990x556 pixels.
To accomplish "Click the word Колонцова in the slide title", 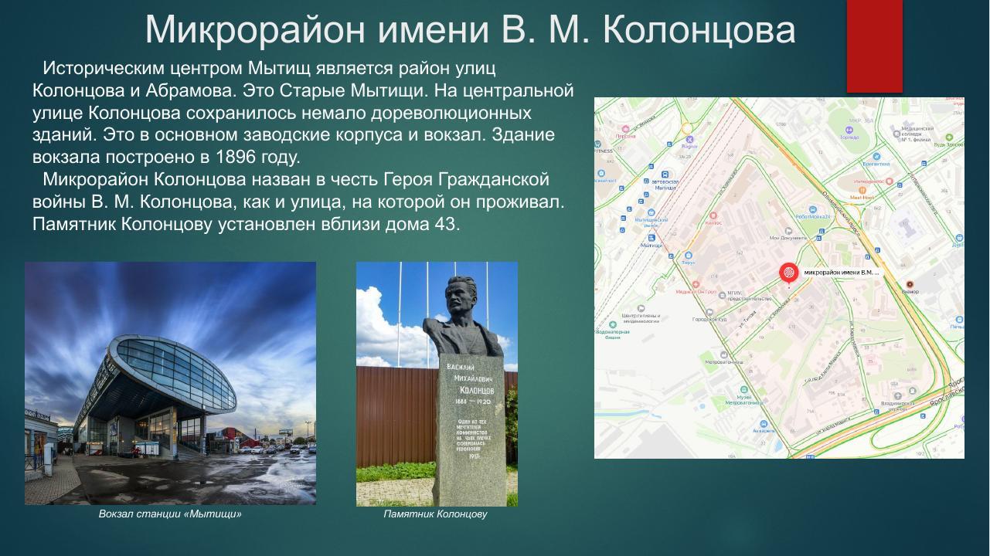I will coord(699,29).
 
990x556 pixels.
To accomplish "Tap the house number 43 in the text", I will coord(447,225).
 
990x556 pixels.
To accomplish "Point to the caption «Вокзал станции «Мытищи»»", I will coord(170,514).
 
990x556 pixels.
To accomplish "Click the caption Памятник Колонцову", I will coord(435,514).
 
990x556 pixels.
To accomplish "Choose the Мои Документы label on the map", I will coord(788,238).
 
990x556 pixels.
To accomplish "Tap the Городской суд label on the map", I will coord(709,318).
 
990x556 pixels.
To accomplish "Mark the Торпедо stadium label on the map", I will coord(688,263).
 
